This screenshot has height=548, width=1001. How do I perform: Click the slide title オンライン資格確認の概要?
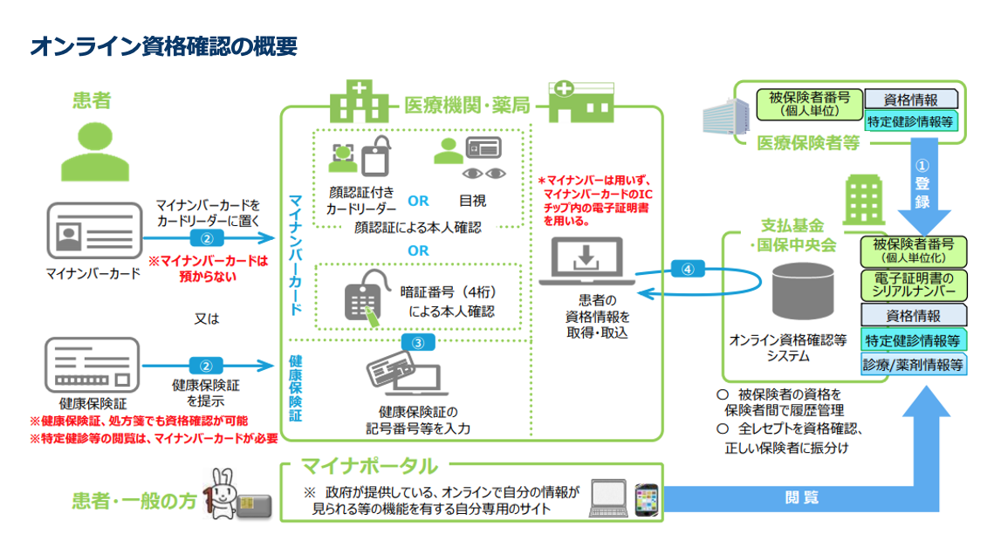(164, 46)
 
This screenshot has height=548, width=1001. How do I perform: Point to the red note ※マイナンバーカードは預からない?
(207, 266)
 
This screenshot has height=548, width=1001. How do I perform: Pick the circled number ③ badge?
(417, 343)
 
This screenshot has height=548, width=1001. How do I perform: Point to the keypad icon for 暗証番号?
(361, 301)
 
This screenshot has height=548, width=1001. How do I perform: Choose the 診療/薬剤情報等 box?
(914, 365)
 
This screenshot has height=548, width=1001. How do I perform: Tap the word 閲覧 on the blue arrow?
(802, 497)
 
